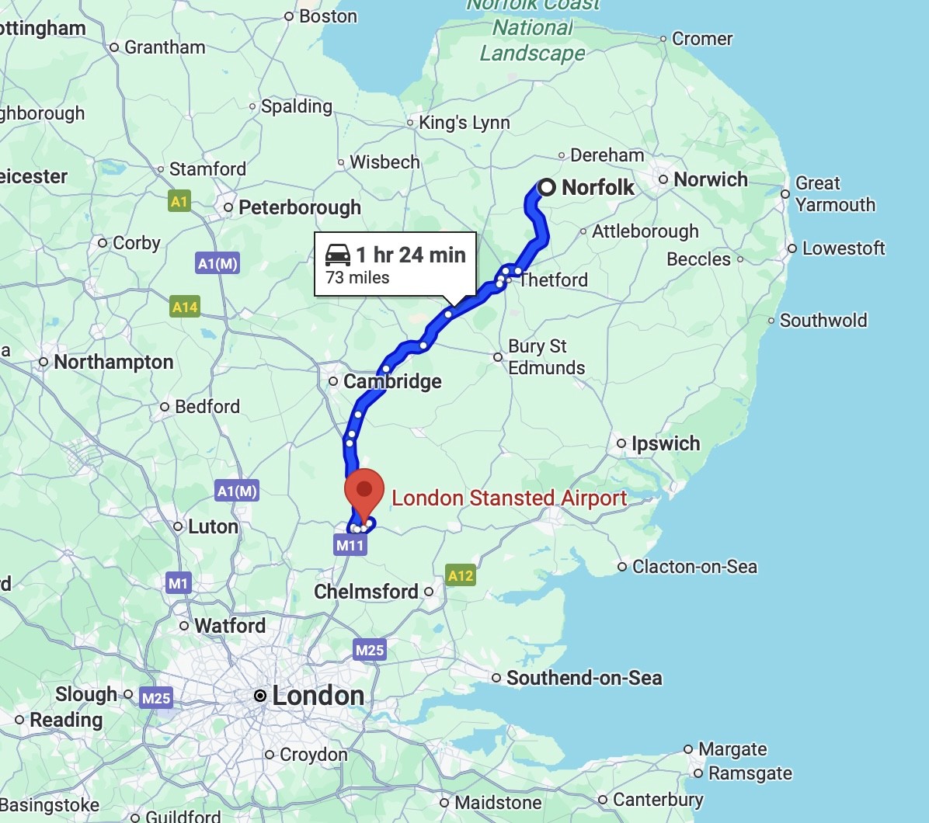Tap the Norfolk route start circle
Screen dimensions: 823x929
pos(547,187)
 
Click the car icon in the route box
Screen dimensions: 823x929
pos(338,255)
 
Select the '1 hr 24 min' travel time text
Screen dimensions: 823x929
pos(411,255)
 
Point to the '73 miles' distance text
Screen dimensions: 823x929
pos(357,277)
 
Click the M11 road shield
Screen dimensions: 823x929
pos(350,545)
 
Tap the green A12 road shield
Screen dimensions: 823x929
pos(461,575)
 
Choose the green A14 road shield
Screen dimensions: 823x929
pos(185,307)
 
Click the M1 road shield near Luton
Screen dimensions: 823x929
pos(178,583)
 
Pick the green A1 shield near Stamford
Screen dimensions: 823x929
pos(179,202)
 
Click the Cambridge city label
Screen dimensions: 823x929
pos(392,381)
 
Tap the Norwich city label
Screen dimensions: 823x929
pos(710,179)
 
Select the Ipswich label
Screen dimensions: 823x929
pos(665,443)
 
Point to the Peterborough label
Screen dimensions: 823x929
pos(299,207)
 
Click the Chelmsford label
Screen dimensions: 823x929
pos(366,592)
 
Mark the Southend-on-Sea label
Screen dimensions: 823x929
pos(584,678)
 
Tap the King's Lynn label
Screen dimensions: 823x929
pos(464,123)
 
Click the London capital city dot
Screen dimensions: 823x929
pos(260,696)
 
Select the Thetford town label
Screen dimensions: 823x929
pos(553,280)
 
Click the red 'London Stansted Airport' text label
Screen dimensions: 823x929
pos(509,498)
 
